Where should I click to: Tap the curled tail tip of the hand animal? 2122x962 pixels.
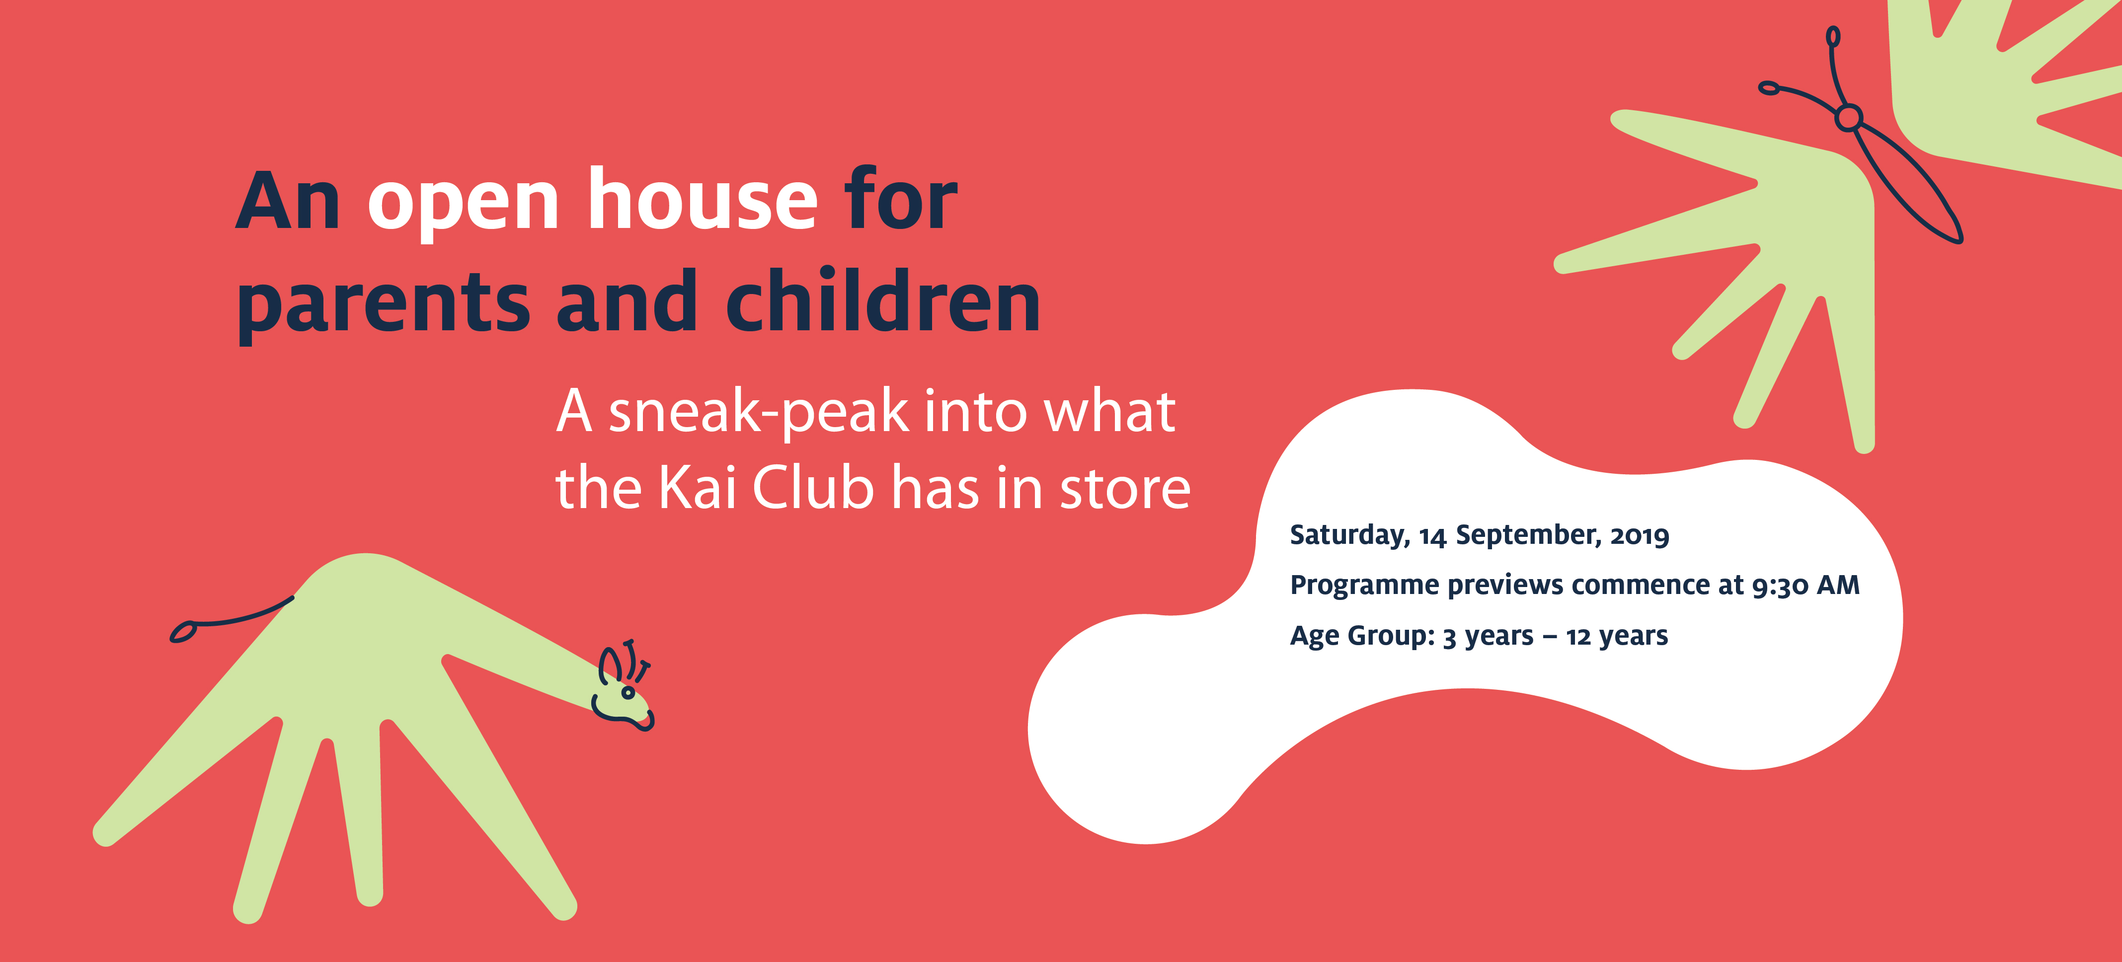point(183,632)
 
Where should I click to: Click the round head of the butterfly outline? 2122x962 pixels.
point(1849,117)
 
